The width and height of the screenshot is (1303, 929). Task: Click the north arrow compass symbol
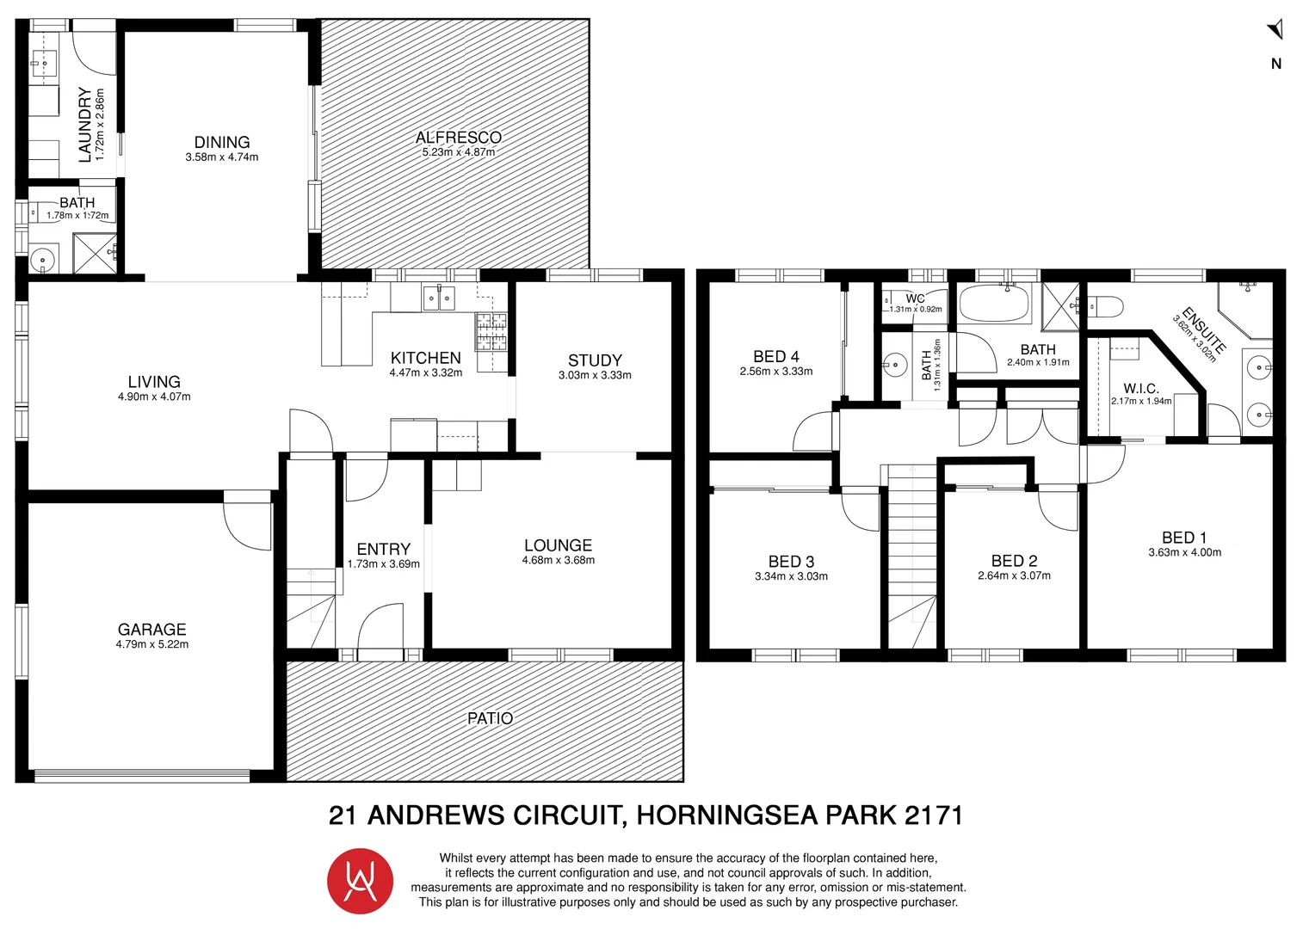point(1275,31)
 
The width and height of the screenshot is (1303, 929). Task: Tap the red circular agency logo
point(360,881)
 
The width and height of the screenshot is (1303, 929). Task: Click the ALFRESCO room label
point(458,138)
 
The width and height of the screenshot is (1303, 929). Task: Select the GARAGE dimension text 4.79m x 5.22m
point(152,644)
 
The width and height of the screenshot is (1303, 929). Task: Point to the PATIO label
point(490,718)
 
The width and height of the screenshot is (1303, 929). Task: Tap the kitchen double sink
point(439,298)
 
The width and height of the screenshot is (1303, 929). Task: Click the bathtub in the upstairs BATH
point(994,304)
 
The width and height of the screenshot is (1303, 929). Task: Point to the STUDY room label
point(595,360)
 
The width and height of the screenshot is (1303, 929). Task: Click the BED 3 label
point(791,562)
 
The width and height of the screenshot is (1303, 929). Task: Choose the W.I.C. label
point(1140,389)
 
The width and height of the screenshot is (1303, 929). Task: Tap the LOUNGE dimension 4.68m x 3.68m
point(558,560)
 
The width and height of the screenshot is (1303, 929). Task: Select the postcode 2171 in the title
point(933,815)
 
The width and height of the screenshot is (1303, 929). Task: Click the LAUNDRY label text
point(85,125)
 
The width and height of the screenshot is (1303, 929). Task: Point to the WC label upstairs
point(915,298)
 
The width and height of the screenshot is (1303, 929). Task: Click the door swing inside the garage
point(246,525)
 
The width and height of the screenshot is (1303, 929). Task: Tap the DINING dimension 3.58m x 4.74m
point(222,157)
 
